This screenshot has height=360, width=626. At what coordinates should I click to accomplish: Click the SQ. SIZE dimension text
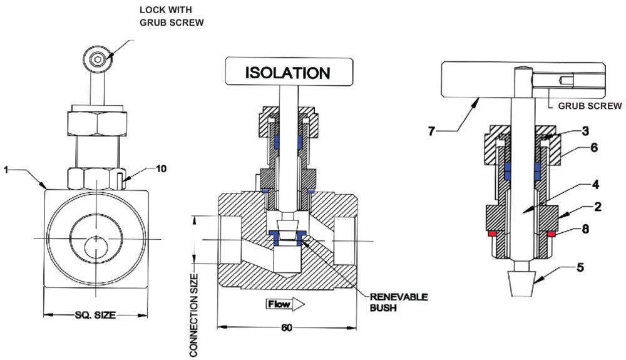click(96, 315)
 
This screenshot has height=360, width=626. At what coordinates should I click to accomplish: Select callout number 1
click(5, 169)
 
